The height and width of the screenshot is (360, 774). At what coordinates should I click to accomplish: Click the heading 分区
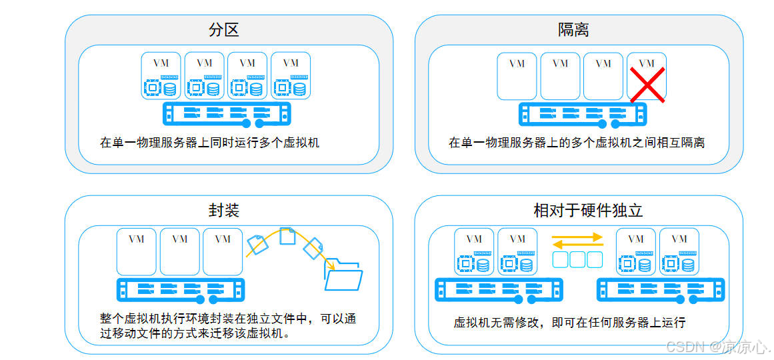click(x=224, y=30)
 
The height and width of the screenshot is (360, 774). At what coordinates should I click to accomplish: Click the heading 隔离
click(x=573, y=30)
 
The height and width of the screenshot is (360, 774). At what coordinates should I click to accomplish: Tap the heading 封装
click(x=224, y=211)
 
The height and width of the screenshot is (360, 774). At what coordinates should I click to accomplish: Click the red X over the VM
click(x=647, y=87)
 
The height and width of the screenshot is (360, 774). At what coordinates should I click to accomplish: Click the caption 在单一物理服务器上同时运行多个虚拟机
click(x=209, y=142)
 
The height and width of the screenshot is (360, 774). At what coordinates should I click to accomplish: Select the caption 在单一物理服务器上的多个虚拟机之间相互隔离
click(x=576, y=142)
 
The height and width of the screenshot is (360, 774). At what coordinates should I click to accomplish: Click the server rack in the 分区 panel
click(x=227, y=114)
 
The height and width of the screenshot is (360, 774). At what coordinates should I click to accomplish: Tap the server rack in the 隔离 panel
click(x=582, y=114)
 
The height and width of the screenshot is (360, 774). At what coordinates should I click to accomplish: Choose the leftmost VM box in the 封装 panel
click(x=136, y=251)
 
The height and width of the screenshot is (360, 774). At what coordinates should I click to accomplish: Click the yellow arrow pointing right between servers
click(x=577, y=235)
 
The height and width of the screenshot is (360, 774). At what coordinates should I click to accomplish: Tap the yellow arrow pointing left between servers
click(x=577, y=244)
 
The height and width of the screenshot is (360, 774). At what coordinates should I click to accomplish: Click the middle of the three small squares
click(x=577, y=259)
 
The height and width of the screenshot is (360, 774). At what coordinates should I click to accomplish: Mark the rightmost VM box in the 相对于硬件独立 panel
click(x=679, y=251)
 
